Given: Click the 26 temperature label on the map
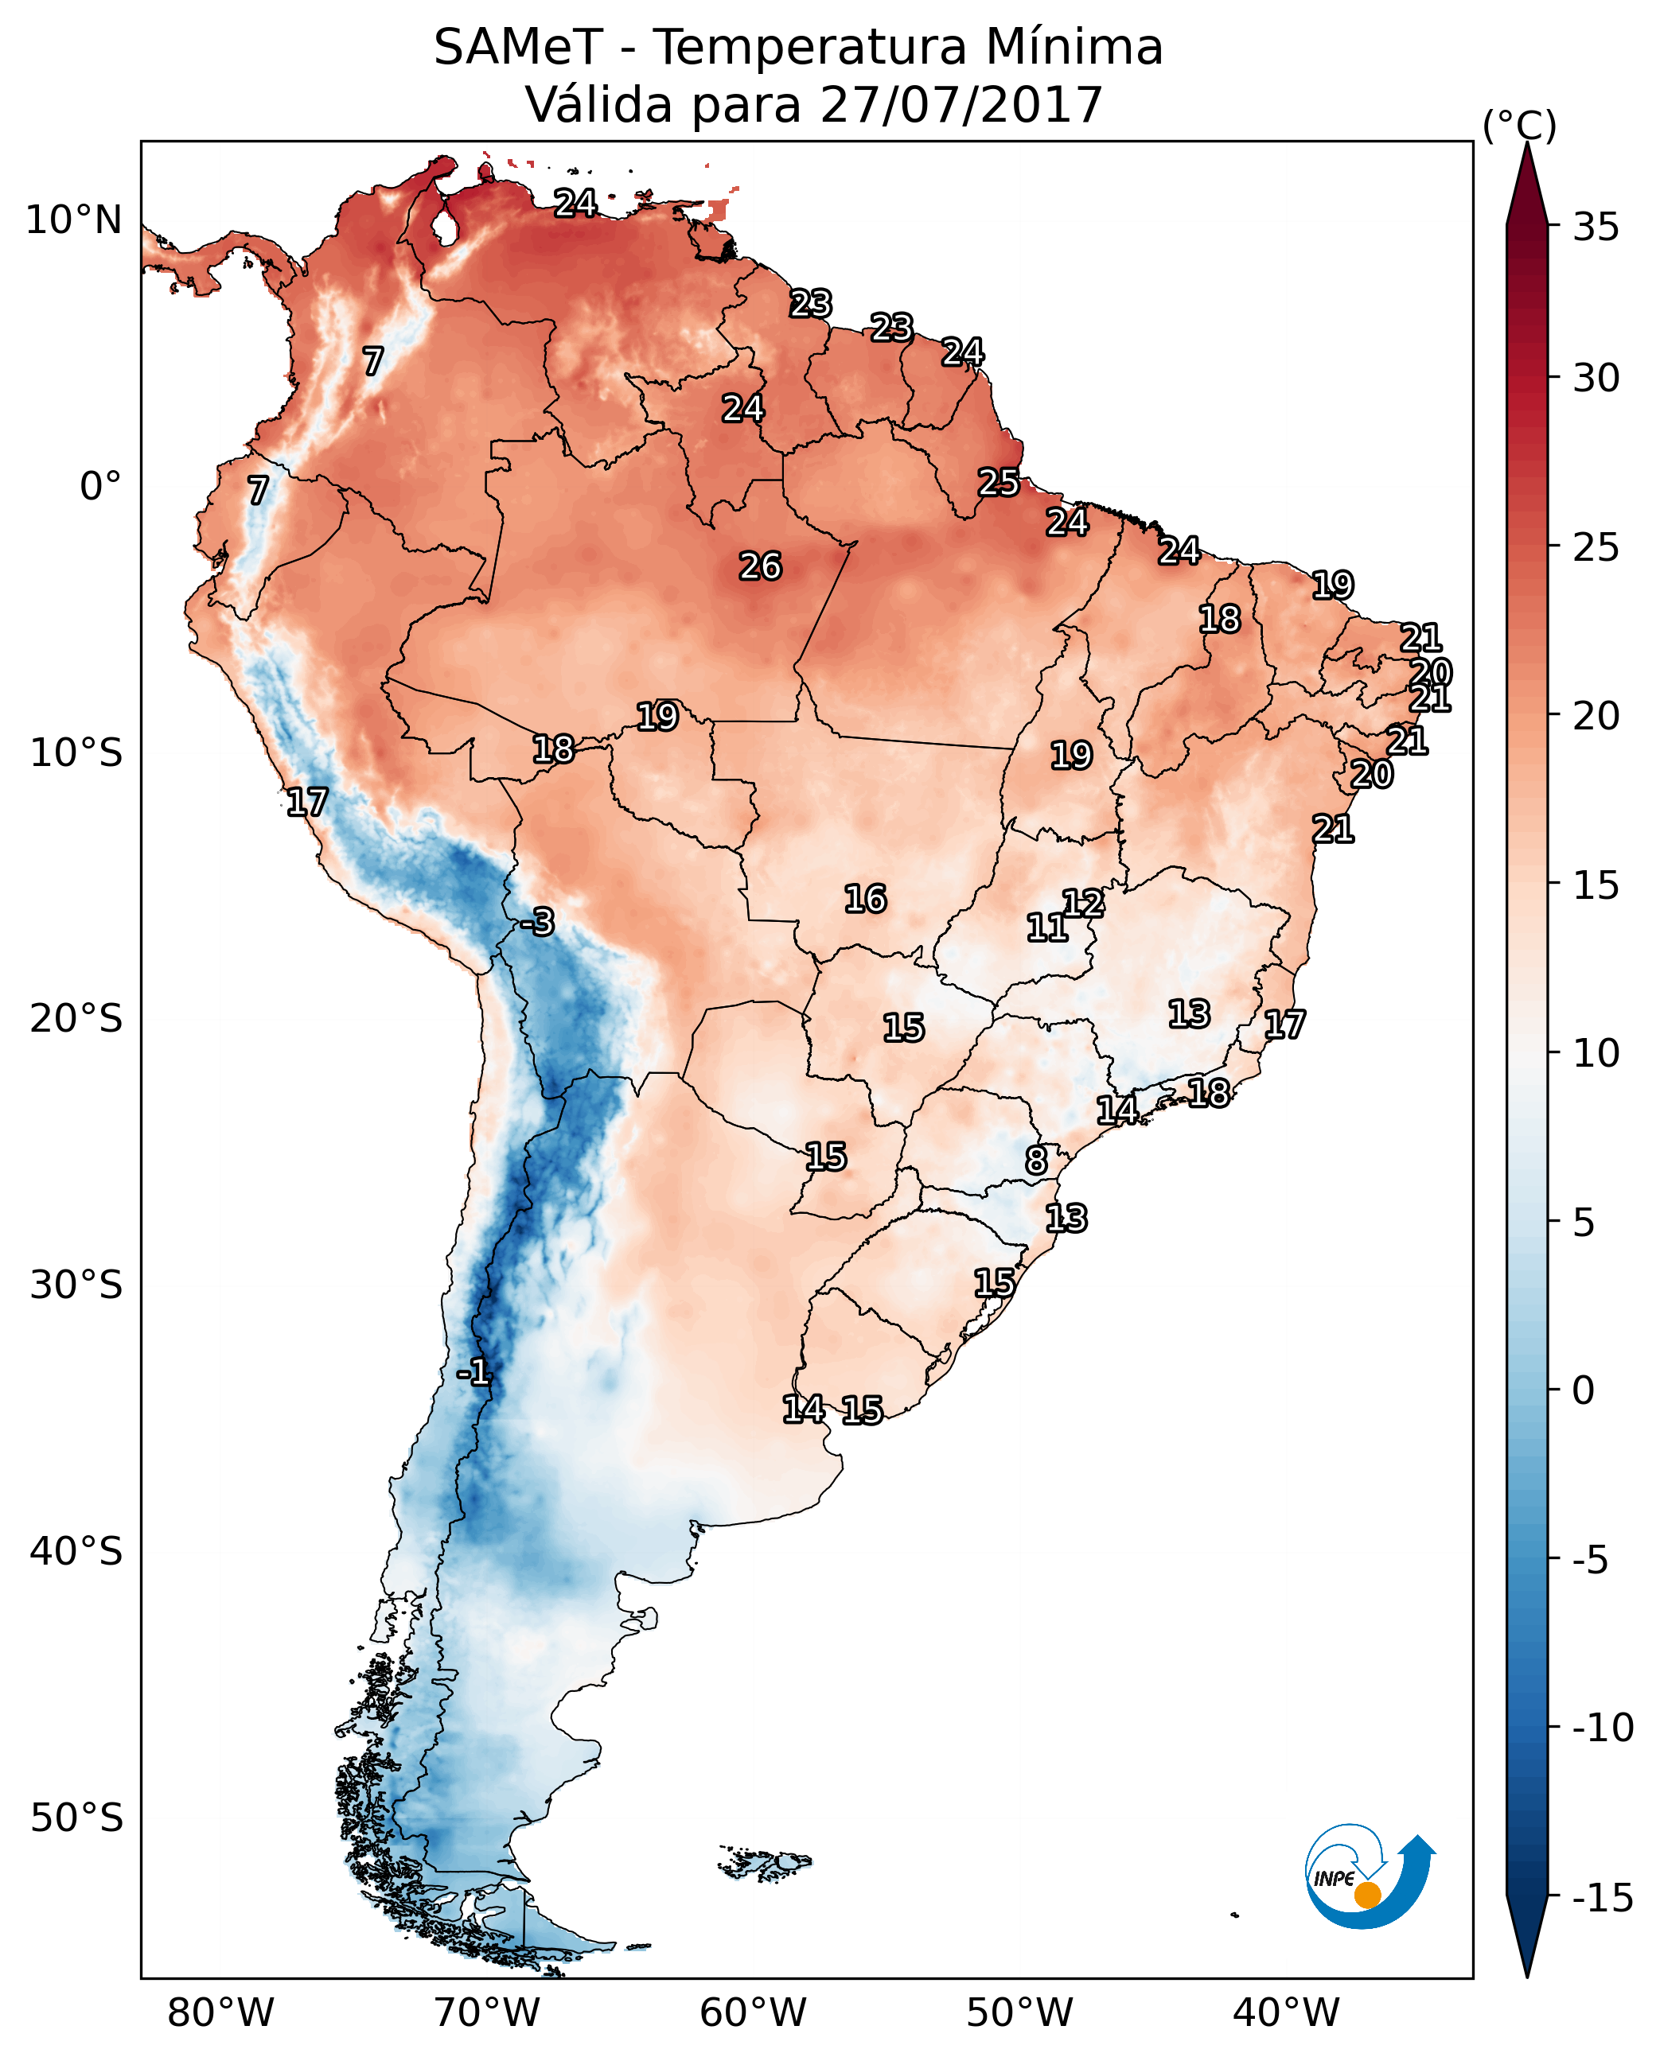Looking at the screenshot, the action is [x=760, y=567].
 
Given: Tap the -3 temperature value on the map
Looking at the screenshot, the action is [x=537, y=921].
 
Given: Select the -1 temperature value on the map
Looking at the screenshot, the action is [x=473, y=1373].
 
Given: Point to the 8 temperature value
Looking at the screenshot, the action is [x=1037, y=1161].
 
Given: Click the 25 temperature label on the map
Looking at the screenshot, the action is [x=998, y=483].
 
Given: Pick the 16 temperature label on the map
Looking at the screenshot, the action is [x=865, y=899].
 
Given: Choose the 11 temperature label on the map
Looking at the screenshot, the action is [x=1047, y=927].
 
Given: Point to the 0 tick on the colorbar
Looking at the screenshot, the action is [x=1584, y=1390].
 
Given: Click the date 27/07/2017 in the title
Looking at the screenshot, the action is [x=962, y=104].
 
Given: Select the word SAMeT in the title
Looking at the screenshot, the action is [x=518, y=47].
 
